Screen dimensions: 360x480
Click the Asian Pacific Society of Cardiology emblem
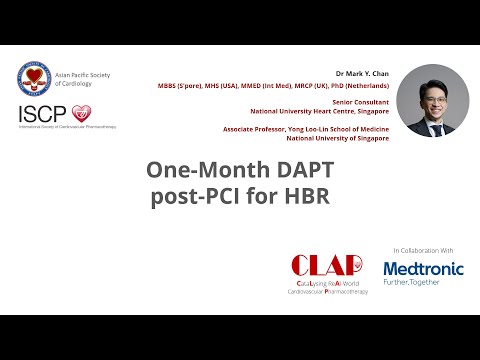36,80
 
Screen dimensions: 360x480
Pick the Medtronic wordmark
422,268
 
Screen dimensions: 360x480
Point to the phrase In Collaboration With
422,249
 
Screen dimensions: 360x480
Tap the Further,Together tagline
422,283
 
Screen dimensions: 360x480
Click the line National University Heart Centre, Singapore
329,110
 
